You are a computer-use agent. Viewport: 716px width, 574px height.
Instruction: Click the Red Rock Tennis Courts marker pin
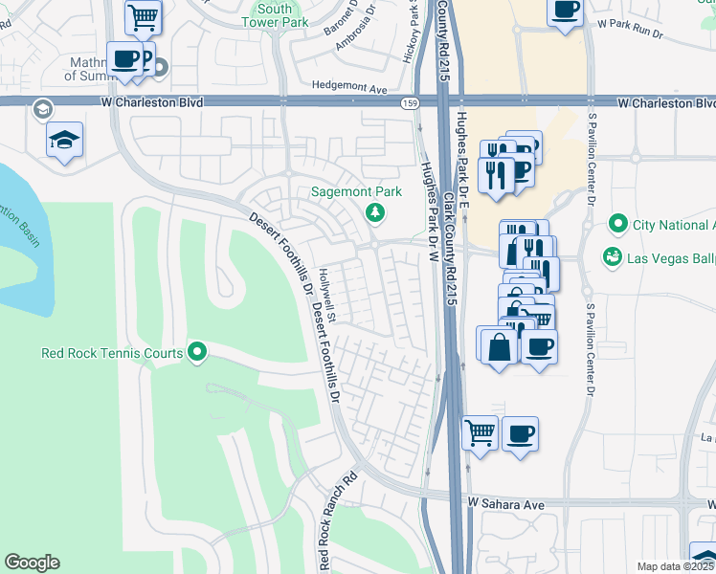tap(198, 353)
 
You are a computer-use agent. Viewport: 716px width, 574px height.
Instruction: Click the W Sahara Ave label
tap(505, 503)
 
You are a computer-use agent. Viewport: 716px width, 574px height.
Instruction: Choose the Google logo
tap(32, 563)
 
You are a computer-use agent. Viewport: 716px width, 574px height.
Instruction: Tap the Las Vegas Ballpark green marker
tap(610, 257)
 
